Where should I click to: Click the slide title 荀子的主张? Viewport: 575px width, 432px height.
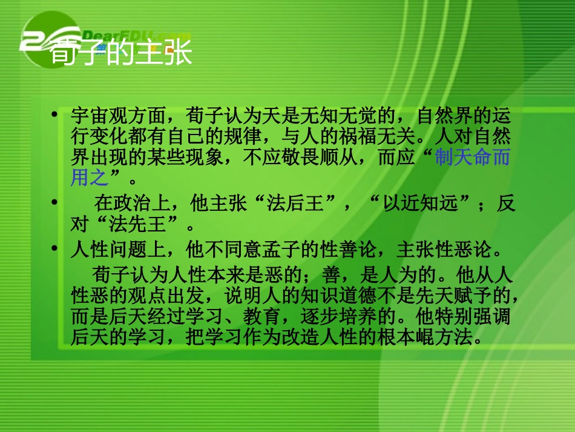pyautogui.click(x=120, y=53)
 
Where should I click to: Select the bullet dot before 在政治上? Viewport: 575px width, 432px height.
pyautogui.click(x=55, y=202)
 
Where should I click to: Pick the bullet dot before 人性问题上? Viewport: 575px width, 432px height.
pyautogui.click(x=55, y=248)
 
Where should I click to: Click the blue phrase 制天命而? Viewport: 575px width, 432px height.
pyautogui.click(x=473, y=159)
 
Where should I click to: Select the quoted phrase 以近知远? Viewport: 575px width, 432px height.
pyautogui.click(x=427, y=204)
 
